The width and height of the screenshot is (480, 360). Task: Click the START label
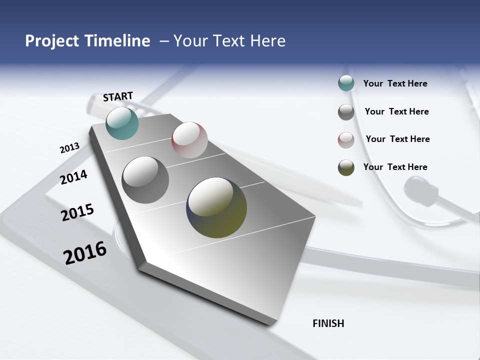118,96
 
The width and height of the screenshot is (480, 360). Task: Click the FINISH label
328,323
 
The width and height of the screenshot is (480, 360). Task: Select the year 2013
69,148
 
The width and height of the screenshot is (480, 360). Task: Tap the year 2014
73,177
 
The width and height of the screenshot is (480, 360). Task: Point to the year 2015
77,212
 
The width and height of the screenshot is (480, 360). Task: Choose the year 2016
85,252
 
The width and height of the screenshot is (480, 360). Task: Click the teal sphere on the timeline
122,123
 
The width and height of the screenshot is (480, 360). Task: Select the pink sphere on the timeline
189,139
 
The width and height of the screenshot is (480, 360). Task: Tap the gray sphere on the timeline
145,180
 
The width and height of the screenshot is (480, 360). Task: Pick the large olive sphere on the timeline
216,207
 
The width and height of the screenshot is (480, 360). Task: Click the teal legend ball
346,83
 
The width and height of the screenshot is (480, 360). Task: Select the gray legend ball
346,112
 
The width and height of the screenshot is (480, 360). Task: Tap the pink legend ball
346,140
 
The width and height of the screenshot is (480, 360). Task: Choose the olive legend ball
346,167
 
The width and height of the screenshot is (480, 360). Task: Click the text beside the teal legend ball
395,83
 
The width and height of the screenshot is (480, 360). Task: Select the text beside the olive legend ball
395,167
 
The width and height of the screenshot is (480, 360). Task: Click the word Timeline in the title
117,41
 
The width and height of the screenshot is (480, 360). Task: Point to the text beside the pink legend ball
397,139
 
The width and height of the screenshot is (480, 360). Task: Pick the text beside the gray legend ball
396,111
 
